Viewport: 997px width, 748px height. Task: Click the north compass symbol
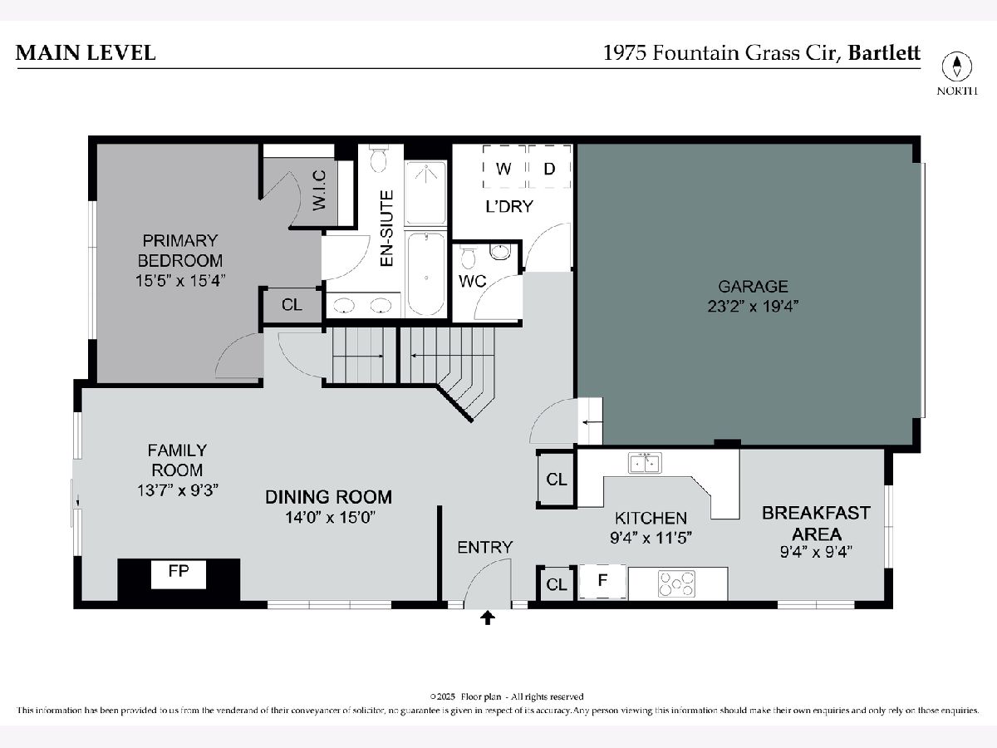tap(956, 66)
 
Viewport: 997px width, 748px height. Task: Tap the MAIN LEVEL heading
tap(86, 52)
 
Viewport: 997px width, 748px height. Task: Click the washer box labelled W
tap(503, 167)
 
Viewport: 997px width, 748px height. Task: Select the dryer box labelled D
tap(550, 167)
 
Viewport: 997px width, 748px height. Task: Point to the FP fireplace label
tap(179, 571)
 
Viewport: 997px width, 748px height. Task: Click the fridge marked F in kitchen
tap(602, 581)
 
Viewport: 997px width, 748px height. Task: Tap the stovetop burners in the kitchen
tap(676, 583)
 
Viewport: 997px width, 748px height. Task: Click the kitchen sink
tap(645, 463)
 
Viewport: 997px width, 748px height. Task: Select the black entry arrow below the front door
tap(488, 618)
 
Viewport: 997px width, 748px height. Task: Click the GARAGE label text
tap(753, 287)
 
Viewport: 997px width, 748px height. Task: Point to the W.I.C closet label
tap(320, 189)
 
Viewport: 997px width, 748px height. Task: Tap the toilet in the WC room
tap(468, 258)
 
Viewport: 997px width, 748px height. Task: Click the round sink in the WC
tap(500, 252)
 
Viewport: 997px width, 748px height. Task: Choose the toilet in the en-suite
tap(378, 158)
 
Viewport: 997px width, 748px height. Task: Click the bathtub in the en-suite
tap(426, 273)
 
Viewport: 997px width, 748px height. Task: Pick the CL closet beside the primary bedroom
tap(292, 304)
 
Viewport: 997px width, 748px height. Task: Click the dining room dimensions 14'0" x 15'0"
tap(331, 517)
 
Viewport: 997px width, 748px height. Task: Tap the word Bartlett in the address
tap(884, 52)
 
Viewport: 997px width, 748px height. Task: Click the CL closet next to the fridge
tap(557, 584)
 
